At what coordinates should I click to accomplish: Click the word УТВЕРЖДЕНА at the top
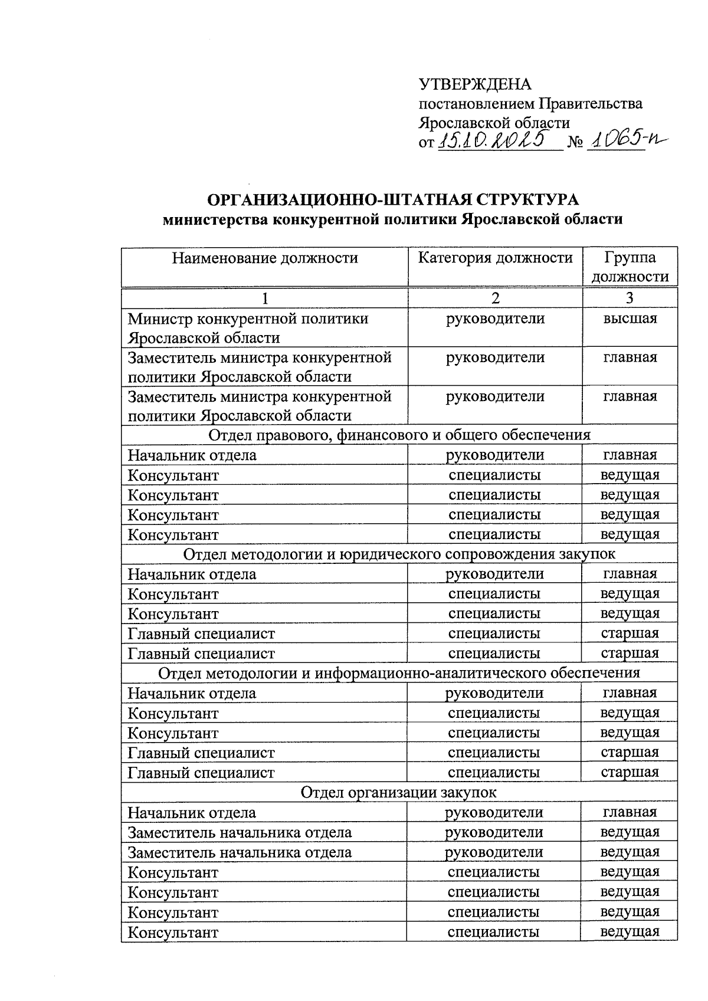(474, 84)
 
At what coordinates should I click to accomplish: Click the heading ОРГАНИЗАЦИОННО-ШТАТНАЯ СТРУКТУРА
(393, 199)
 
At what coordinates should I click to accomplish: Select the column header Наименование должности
(265, 258)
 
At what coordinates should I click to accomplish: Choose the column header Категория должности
(495, 258)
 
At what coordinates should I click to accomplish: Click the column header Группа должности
(630, 267)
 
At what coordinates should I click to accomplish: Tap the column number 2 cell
(495, 298)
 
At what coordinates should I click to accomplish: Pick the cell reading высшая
(630, 319)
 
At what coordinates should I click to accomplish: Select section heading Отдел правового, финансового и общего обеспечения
(399, 435)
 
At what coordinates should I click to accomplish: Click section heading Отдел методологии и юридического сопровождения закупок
(399, 554)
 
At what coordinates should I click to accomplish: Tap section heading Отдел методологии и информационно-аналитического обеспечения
(399, 673)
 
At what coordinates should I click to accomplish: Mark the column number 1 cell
(265, 298)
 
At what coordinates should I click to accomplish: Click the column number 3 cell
(630, 298)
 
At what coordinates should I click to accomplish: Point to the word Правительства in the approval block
(591, 104)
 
